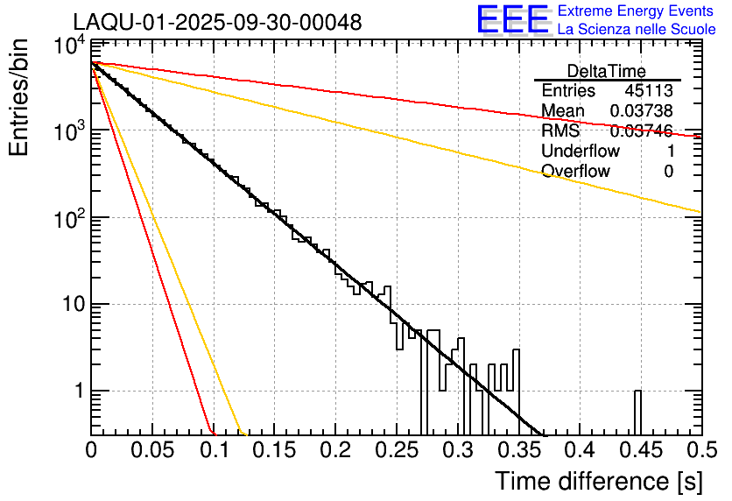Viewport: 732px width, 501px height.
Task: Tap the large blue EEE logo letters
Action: (512, 20)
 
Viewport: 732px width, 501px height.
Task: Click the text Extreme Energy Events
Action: (636, 11)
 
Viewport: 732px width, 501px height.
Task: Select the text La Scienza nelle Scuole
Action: (636, 29)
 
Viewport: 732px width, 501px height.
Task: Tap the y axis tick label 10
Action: (70, 305)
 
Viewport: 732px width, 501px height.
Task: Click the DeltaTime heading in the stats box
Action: (607, 71)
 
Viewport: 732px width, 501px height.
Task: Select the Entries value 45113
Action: (649, 90)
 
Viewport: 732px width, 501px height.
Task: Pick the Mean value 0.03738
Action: (642, 110)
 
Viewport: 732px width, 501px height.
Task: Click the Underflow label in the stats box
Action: (581, 151)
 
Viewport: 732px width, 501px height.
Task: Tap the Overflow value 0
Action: (668, 171)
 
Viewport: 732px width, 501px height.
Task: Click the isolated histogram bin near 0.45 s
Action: (637, 412)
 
